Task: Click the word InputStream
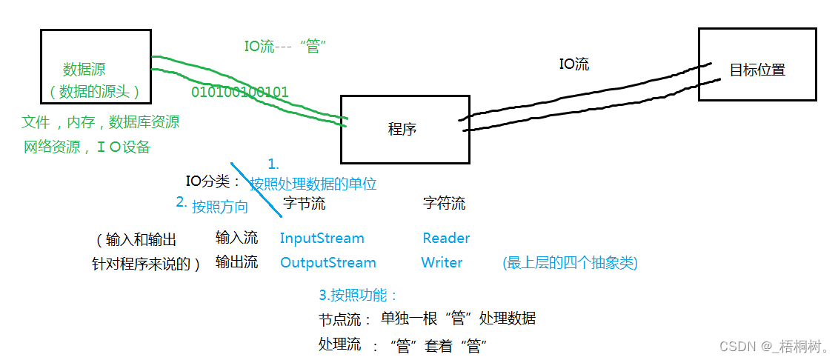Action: (x=322, y=239)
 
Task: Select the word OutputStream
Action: (x=327, y=263)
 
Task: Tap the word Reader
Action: (x=446, y=239)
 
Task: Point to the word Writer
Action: (x=442, y=263)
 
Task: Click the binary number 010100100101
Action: (x=240, y=93)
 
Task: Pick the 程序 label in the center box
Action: (x=402, y=129)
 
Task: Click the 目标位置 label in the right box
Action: (x=757, y=70)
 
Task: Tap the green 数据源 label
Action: (x=84, y=70)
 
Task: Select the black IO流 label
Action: (x=573, y=64)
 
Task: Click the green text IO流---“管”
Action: (x=285, y=46)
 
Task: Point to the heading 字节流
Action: (x=304, y=203)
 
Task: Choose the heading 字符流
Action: (x=444, y=203)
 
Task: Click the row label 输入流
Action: (x=236, y=238)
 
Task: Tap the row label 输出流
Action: (x=236, y=262)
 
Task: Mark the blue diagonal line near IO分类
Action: (x=256, y=190)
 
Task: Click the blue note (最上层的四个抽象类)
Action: (x=569, y=263)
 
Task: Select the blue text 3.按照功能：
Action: (x=359, y=295)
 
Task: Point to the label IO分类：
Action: (x=213, y=181)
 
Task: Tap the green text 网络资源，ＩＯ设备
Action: (x=87, y=147)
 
